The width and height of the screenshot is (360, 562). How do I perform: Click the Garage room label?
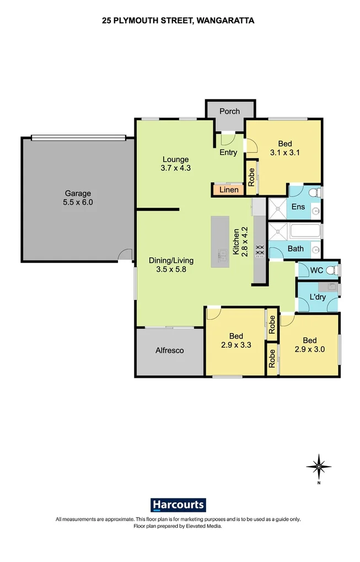78,198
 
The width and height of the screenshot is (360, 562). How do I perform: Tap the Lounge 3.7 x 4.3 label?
175,164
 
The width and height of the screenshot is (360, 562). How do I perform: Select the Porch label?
230,111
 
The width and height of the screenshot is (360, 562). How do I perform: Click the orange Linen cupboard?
229,190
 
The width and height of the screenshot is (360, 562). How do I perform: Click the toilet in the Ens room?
313,193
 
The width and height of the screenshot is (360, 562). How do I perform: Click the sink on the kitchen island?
223,255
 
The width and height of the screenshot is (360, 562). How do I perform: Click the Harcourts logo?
178,504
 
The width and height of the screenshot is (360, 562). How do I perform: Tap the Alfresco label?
169,350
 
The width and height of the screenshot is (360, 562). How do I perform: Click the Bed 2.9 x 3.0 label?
309,345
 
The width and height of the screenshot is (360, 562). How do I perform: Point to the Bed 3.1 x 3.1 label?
284,148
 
